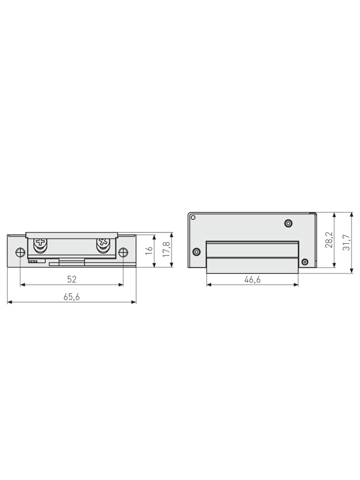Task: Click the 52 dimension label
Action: pos(72,279)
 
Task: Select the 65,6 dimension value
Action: pos(72,297)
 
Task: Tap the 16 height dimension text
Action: pos(149,250)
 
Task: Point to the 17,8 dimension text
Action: pos(166,250)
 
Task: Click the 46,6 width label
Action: pos(252,279)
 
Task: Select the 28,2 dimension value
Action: pos(329,240)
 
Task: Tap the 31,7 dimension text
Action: pos(346,242)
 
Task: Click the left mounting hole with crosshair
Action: pos(20,252)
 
